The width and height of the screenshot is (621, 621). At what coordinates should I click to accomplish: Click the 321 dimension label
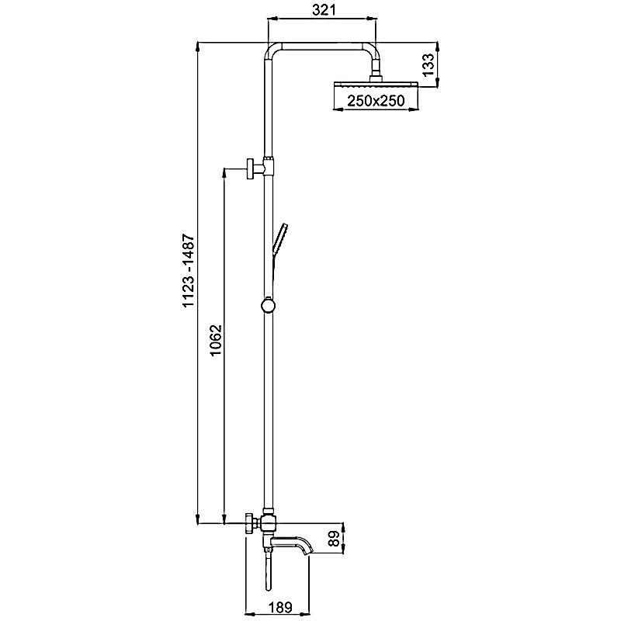(x=324, y=10)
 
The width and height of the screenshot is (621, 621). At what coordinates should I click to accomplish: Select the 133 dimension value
(x=428, y=65)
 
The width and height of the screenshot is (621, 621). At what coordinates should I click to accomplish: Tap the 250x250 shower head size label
(x=376, y=101)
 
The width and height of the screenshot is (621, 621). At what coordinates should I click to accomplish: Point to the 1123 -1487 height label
(x=189, y=270)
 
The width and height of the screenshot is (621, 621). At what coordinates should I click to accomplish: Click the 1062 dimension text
(x=216, y=340)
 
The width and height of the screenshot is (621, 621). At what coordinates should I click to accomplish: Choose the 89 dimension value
(x=335, y=539)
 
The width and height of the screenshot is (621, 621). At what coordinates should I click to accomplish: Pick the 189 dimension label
(x=280, y=607)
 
